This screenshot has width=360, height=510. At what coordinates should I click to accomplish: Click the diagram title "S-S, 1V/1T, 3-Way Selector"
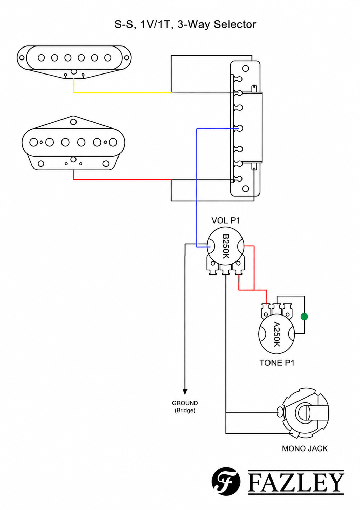coord(185,25)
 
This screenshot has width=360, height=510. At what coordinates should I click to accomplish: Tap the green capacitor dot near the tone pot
coord(304,317)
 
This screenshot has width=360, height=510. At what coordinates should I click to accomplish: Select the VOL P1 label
coord(226,220)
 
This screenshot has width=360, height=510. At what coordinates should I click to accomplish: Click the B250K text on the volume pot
coord(226,246)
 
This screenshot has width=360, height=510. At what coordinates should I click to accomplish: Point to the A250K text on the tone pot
coord(276,334)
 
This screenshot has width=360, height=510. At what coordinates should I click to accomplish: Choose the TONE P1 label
coord(277,363)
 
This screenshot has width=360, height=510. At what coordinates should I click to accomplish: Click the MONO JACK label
coord(305,448)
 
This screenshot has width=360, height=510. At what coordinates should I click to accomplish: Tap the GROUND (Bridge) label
coord(185,407)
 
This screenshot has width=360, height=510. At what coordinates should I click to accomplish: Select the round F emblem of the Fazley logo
coord(226,481)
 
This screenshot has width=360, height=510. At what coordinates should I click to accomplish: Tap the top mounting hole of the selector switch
coord(245,68)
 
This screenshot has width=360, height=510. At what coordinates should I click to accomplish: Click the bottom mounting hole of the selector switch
coord(245,189)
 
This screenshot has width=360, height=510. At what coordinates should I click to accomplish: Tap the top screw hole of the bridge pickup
coord(73,122)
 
